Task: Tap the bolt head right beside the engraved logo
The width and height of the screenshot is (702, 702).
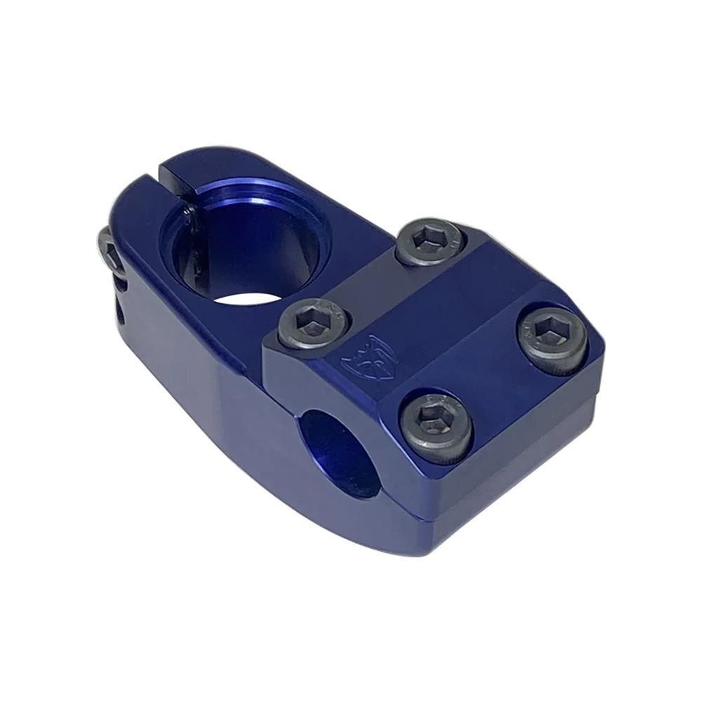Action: pos(314,324)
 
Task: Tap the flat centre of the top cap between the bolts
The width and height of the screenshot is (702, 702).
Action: pos(449,316)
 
